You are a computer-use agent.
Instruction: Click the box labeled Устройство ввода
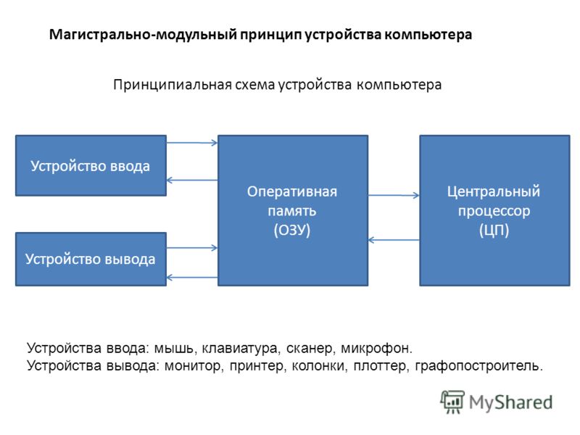(x=91, y=165)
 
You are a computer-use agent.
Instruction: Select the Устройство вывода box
(x=91, y=259)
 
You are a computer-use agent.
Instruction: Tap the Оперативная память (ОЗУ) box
(x=293, y=210)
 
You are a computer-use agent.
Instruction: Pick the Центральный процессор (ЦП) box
(x=494, y=210)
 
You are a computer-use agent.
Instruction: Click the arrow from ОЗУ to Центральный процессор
(x=394, y=195)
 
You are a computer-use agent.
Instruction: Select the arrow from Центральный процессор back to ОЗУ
(x=394, y=240)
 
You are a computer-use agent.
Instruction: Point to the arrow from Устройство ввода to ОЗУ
(x=192, y=142)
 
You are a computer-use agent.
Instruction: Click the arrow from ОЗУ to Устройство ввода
(x=192, y=180)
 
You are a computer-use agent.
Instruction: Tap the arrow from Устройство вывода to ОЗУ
(x=192, y=247)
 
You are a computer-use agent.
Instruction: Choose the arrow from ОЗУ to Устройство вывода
(x=192, y=278)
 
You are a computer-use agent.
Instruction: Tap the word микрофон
(x=376, y=348)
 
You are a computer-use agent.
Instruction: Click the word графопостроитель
(x=479, y=366)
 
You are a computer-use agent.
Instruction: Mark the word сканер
(x=310, y=348)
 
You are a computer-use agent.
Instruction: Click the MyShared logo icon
(x=452, y=402)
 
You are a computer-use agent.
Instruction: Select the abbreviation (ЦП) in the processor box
(x=494, y=230)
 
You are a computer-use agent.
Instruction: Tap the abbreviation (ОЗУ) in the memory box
(x=292, y=230)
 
